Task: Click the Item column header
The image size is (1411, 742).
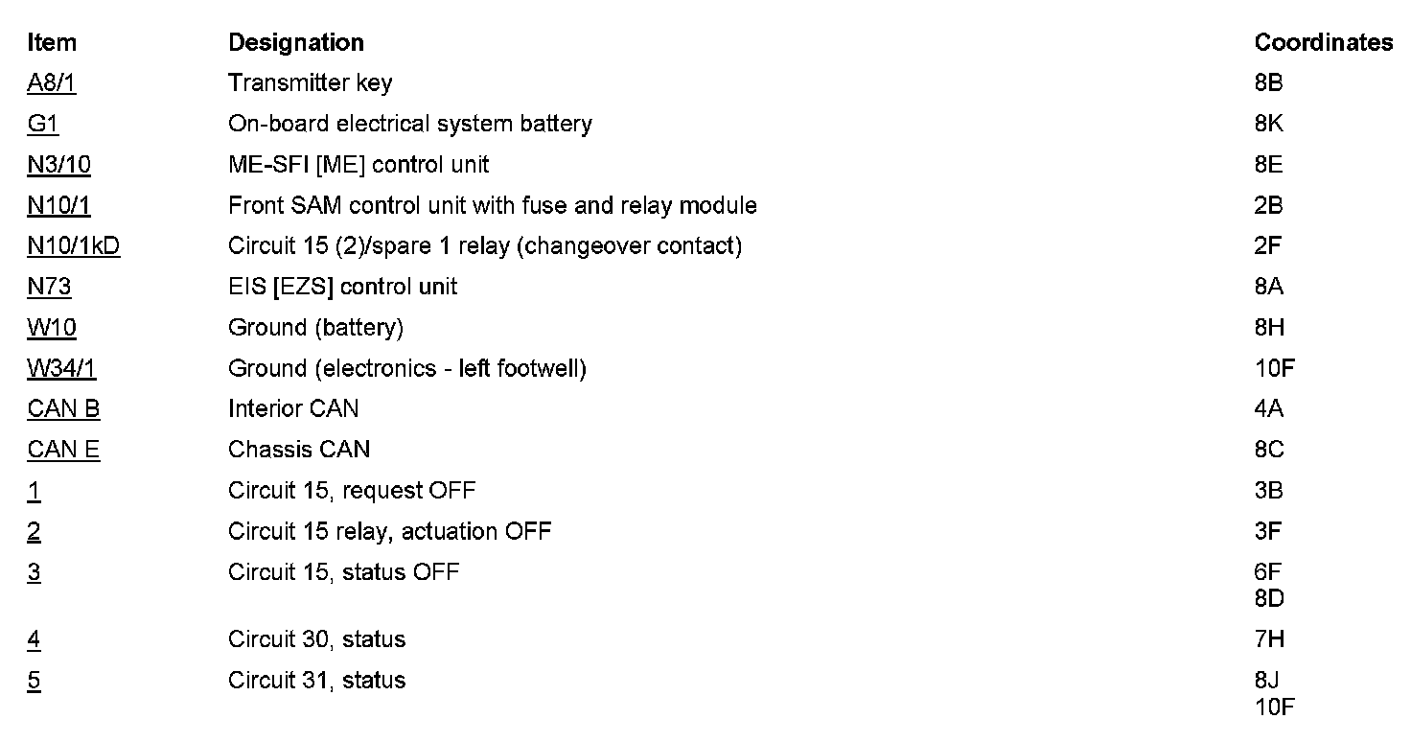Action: coord(52,42)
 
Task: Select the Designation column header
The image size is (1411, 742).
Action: coord(295,42)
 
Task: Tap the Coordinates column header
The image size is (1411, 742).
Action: coord(1323,42)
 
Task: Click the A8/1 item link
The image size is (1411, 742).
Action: coord(52,83)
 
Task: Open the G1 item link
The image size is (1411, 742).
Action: coord(43,124)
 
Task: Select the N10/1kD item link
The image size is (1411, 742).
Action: coord(74,246)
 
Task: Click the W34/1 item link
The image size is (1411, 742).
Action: coord(62,368)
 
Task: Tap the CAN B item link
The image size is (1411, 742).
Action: coord(63,409)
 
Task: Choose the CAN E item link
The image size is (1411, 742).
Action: coord(63,450)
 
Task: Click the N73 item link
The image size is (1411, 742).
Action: coord(49,287)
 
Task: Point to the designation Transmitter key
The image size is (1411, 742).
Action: coord(310,83)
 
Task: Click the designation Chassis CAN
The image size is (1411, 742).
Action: coord(299,450)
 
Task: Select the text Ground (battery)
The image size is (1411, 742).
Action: coord(315,328)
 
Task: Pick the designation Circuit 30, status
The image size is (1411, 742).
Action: coord(316,639)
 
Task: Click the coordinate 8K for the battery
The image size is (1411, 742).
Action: coord(1268,124)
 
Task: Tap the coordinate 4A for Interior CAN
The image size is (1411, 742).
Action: coord(1268,409)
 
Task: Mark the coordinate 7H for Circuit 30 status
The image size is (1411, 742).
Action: coord(1268,639)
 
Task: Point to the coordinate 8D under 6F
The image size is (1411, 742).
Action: coord(1268,598)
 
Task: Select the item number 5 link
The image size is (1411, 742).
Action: coord(34,681)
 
